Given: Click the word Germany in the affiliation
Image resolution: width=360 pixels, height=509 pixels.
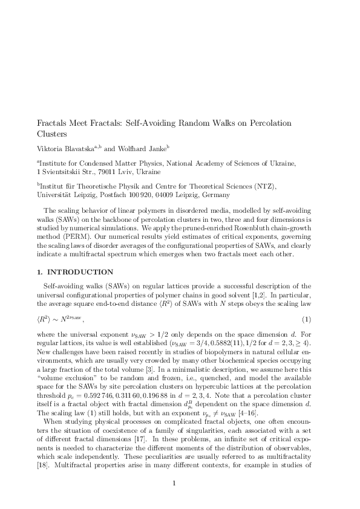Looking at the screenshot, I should coord(214,196).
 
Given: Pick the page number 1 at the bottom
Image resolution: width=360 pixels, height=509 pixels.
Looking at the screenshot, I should coord(174,482).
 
